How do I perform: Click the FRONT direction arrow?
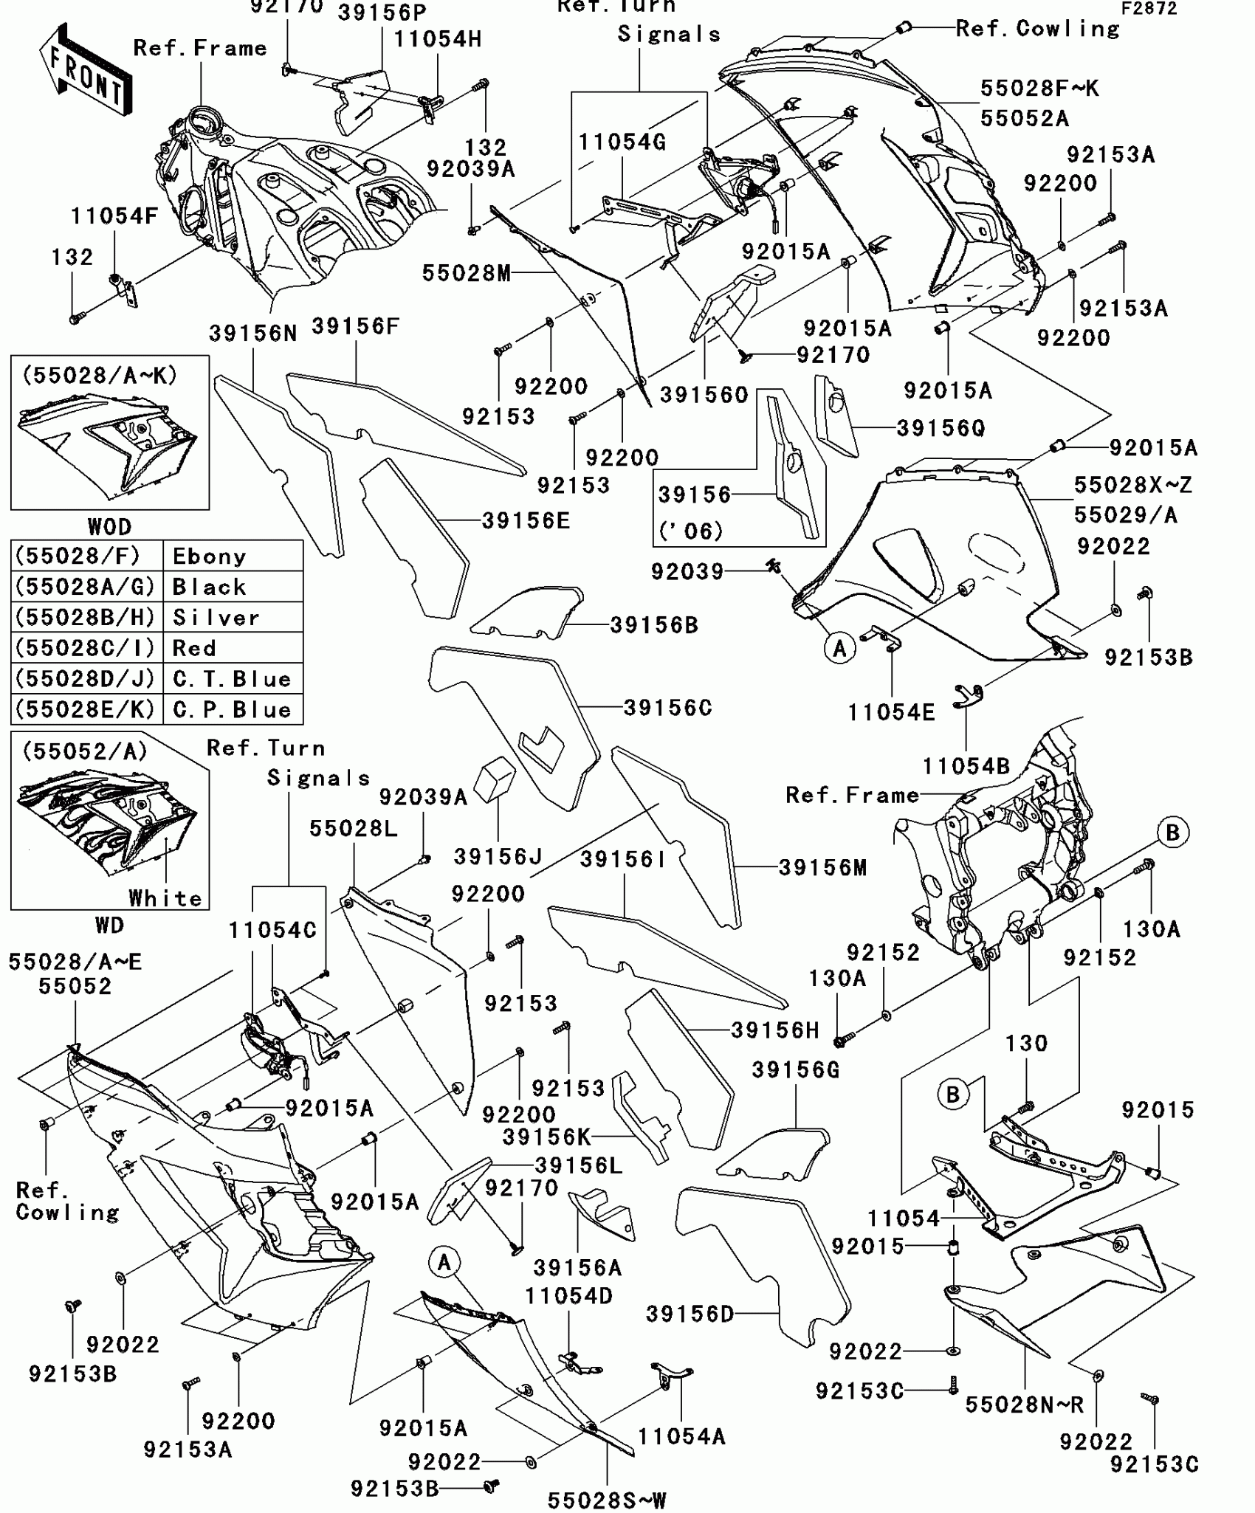pos(86,70)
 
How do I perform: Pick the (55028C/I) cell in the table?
pos(86,648)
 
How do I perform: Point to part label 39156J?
pos(498,857)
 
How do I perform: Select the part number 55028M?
pos(467,273)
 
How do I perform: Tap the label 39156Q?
pos(941,428)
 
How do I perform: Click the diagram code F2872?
pos(1149,8)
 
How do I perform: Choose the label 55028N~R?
pos(1024,1405)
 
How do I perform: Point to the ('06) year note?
pos(690,531)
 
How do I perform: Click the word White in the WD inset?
pos(165,898)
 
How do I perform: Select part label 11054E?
pos(891,712)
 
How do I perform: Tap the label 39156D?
pos(690,1314)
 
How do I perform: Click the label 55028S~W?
pos(607,1500)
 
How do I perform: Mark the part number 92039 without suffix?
pos(687,571)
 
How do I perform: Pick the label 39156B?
pos(654,625)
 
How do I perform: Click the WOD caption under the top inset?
pos(109,526)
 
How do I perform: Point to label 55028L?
pos(353,828)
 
